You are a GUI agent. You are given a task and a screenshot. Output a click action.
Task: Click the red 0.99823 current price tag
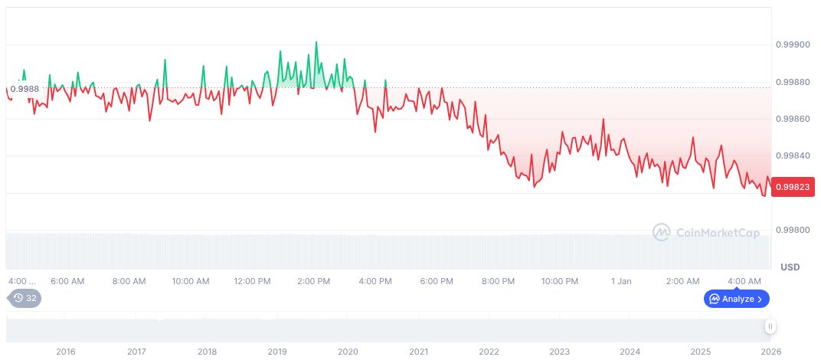[x=792, y=186]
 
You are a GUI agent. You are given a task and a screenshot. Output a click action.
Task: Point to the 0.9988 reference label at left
[x=25, y=89]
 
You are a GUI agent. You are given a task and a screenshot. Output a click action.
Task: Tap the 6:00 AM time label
[x=67, y=281]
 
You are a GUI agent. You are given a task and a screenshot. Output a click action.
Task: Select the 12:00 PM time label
[x=252, y=281]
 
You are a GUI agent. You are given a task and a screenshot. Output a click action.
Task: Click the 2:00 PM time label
[x=314, y=281]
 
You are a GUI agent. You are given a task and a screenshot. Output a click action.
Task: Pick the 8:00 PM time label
[x=499, y=281]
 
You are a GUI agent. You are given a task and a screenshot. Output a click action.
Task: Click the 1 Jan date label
[x=621, y=281]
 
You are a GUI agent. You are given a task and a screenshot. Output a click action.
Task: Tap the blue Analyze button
[x=736, y=299]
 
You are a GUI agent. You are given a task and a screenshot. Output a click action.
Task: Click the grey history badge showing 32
[x=25, y=298]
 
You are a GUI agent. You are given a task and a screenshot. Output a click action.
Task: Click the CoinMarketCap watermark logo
[x=706, y=231]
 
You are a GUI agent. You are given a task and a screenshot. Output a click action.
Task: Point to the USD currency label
[x=790, y=267]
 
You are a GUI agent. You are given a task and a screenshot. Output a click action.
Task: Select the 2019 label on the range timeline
[x=277, y=352]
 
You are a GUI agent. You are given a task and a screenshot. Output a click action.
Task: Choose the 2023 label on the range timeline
[x=559, y=352]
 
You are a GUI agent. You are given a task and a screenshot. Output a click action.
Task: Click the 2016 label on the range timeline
[x=66, y=352]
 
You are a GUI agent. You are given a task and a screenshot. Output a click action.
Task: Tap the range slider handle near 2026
[x=770, y=327]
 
